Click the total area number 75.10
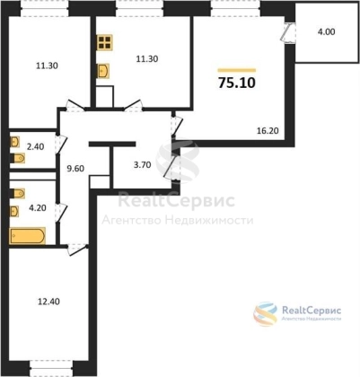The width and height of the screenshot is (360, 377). [x=237, y=83]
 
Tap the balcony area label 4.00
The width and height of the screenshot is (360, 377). [x=326, y=31]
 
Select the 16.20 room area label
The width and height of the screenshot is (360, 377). [x=268, y=131]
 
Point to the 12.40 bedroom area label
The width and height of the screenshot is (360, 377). [x=48, y=302]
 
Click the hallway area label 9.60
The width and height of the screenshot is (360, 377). [x=75, y=169]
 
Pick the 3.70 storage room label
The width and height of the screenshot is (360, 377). [x=142, y=165]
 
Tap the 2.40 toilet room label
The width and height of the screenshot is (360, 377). [x=35, y=146]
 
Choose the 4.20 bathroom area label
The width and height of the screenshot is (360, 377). [x=38, y=207]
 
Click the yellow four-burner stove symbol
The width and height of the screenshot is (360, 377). [x=105, y=42]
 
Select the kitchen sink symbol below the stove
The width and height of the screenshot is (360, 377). [x=103, y=71]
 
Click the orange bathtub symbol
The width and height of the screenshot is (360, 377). [x=27, y=236]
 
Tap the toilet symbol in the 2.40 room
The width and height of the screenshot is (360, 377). [x=18, y=158]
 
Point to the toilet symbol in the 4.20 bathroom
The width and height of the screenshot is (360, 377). [x=18, y=193]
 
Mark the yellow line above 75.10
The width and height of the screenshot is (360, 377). [x=237, y=71]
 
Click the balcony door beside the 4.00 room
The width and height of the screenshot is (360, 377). [x=288, y=32]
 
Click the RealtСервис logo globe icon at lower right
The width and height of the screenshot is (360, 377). [x=266, y=313]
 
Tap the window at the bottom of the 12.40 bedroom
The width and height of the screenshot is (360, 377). [x=51, y=368]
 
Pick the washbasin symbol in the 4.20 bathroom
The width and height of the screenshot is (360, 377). [x=14, y=211]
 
